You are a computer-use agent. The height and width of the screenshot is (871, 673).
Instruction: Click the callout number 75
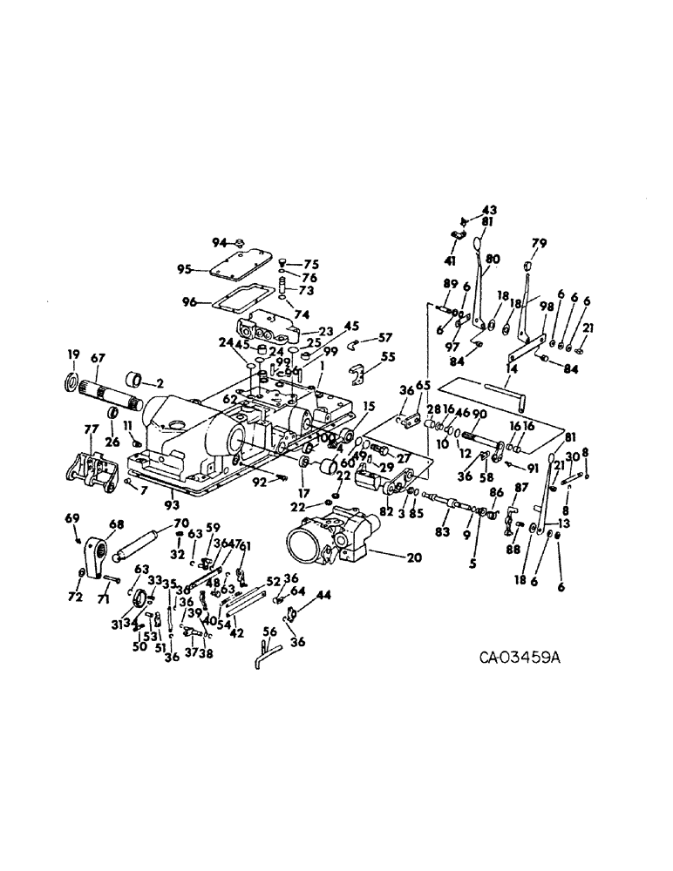(311, 265)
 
